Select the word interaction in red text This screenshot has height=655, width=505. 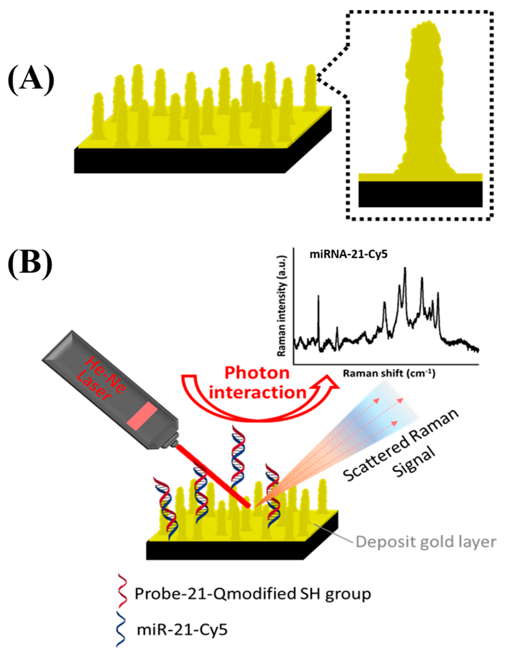(x=257, y=393)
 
